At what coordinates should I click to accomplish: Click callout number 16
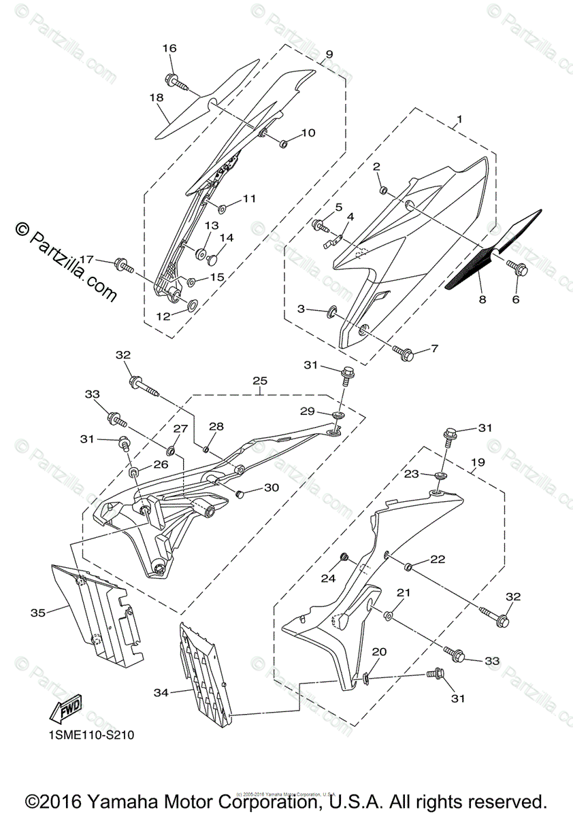169,48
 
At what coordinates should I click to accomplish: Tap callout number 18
157,98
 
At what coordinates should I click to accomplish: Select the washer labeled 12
191,304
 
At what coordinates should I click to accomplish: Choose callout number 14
226,238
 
